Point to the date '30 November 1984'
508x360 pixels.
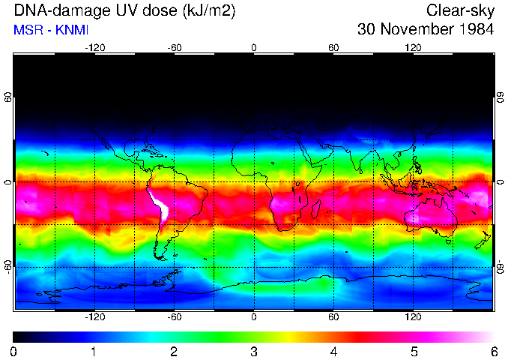tap(426, 30)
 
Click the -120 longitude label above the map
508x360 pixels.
tap(94, 48)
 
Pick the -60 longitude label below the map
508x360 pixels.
tap(175, 317)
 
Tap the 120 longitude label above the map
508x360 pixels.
tap(413, 48)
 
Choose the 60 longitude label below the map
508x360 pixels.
tap(333, 317)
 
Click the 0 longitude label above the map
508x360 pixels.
tap(254, 48)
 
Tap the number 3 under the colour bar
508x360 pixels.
tap(254, 351)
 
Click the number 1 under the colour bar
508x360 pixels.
tap(94, 351)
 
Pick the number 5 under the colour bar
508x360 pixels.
tap(414, 351)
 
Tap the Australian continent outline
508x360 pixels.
tap(431, 217)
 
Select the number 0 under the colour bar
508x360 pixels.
tap(14, 351)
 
